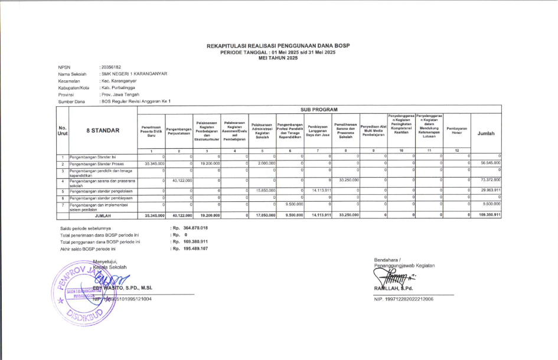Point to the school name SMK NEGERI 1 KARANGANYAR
[134, 74]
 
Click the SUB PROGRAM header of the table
[319, 109]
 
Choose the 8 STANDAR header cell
[103, 131]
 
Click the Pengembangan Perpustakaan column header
[180, 131]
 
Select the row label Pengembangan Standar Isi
[94, 156]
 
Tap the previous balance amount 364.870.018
[195, 228]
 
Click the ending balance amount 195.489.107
[195, 249]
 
